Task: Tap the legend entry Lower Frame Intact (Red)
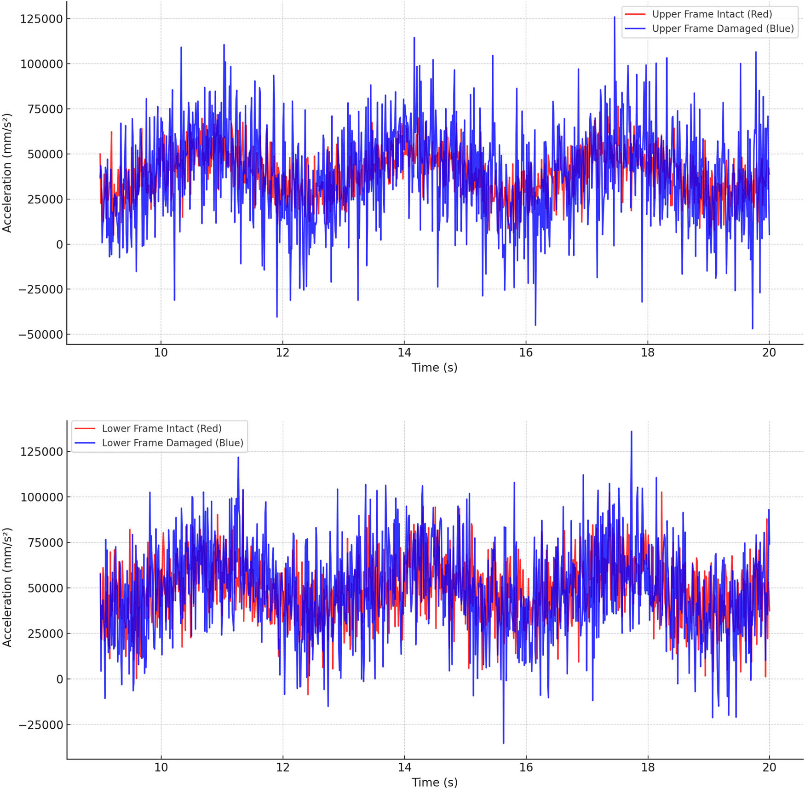(161, 429)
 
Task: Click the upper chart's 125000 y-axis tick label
(41, 19)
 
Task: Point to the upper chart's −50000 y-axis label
(40, 335)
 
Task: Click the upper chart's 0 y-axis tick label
(59, 245)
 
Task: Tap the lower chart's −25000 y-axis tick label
(40, 725)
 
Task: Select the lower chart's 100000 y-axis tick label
(41, 497)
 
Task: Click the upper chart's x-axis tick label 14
(404, 353)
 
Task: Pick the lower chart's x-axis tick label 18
(647, 767)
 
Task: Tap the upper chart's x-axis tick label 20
(769, 353)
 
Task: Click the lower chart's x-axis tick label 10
(161, 767)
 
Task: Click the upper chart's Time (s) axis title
(434, 368)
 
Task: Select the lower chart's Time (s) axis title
(434, 782)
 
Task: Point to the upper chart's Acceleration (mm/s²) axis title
(7, 173)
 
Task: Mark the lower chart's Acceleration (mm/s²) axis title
(7, 587)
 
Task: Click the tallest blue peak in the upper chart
(614, 17)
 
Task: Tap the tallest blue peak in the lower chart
(631, 432)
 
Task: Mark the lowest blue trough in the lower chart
(503, 743)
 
